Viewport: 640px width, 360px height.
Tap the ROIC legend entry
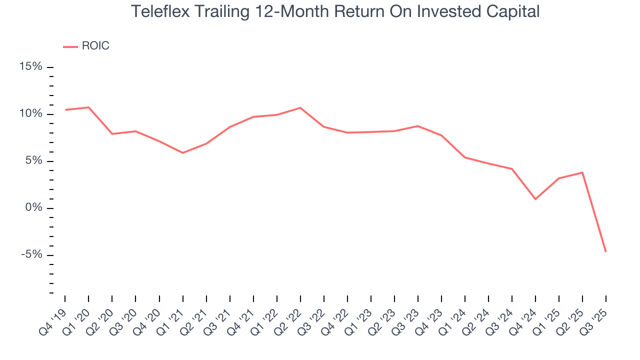pyautogui.click(x=95, y=46)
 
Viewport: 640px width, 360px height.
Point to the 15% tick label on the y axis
pyautogui.click(x=31, y=67)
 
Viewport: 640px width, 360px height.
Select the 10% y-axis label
pyautogui.click(x=31, y=114)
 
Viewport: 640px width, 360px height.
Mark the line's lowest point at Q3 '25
pyautogui.click(x=606, y=251)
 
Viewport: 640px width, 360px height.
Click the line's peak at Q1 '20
pyautogui.click(x=88, y=107)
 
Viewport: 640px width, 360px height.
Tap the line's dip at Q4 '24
pyautogui.click(x=535, y=199)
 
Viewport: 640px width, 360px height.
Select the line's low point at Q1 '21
pyautogui.click(x=182, y=152)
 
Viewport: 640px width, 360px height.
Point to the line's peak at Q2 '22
pyautogui.click(x=300, y=107)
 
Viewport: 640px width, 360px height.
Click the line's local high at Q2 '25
pyautogui.click(x=582, y=172)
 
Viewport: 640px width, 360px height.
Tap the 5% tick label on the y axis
pyautogui.click(x=34, y=161)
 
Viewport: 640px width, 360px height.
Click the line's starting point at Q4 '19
pyautogui.click(x=65, y=110)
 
